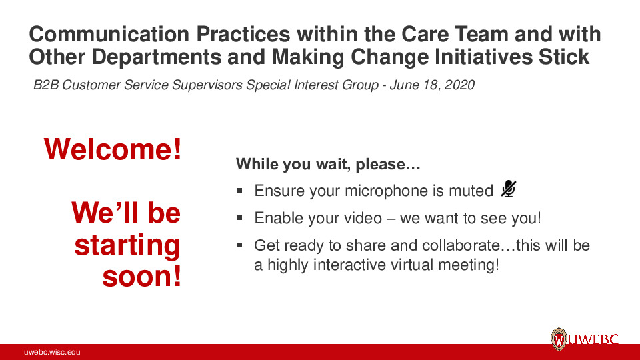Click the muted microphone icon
click(x=508, y=190)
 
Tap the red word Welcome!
click(x=113, y=149)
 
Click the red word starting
click(x=127, y=245)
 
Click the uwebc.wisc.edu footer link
click(x=53, y=352)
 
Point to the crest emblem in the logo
click(x=558, y=339)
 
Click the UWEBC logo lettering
click(x=593, y=340)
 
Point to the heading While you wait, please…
click(x=327, y=164)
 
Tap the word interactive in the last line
click(x=346, y=265)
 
